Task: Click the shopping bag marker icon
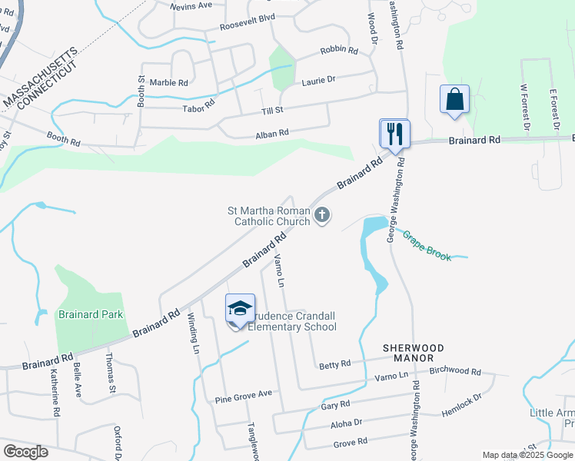point(454,100)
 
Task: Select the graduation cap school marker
point(240,310)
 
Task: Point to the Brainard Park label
point(91,314)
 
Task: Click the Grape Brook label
point(427,246)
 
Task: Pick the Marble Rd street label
point(168,82)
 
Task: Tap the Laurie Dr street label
point(319,79)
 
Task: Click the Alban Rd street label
point(272,133)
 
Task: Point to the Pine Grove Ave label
point(244,396)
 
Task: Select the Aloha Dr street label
point(346,423)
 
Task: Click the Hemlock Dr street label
point(462,405)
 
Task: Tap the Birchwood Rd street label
point(455,371)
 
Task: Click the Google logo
point(25,452)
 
